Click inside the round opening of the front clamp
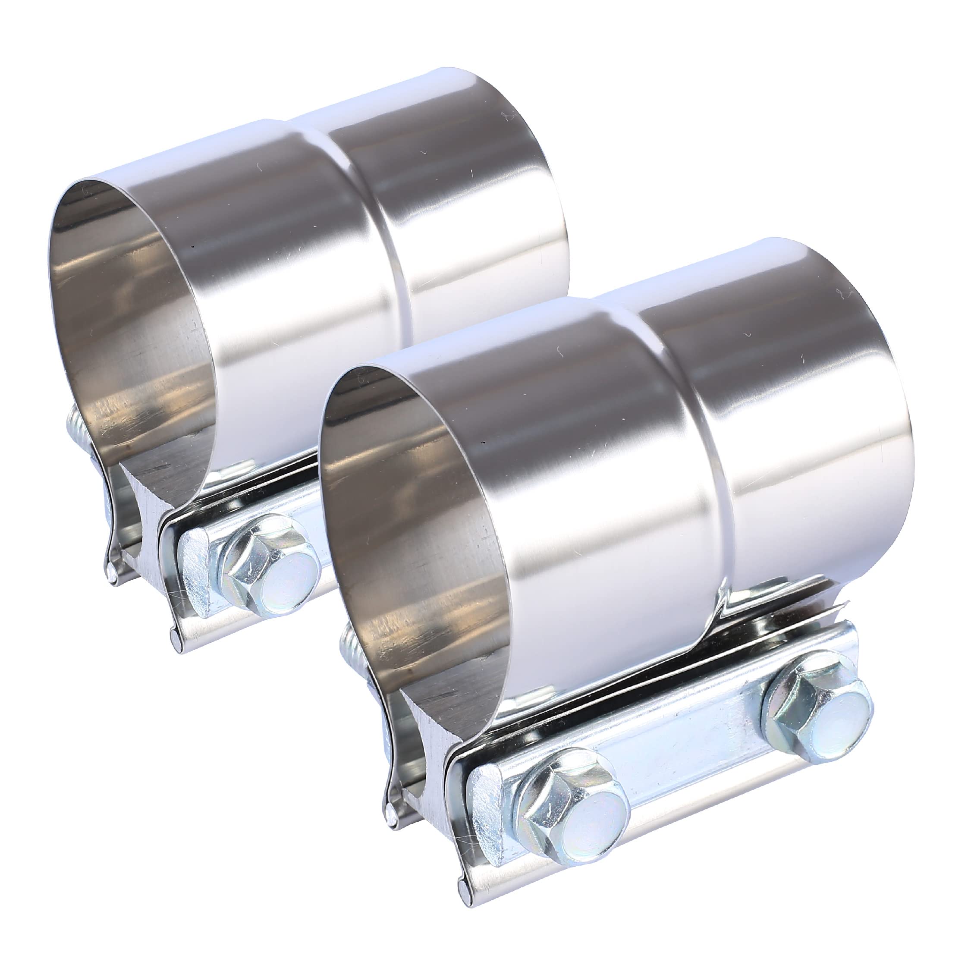(x=402, y=528)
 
